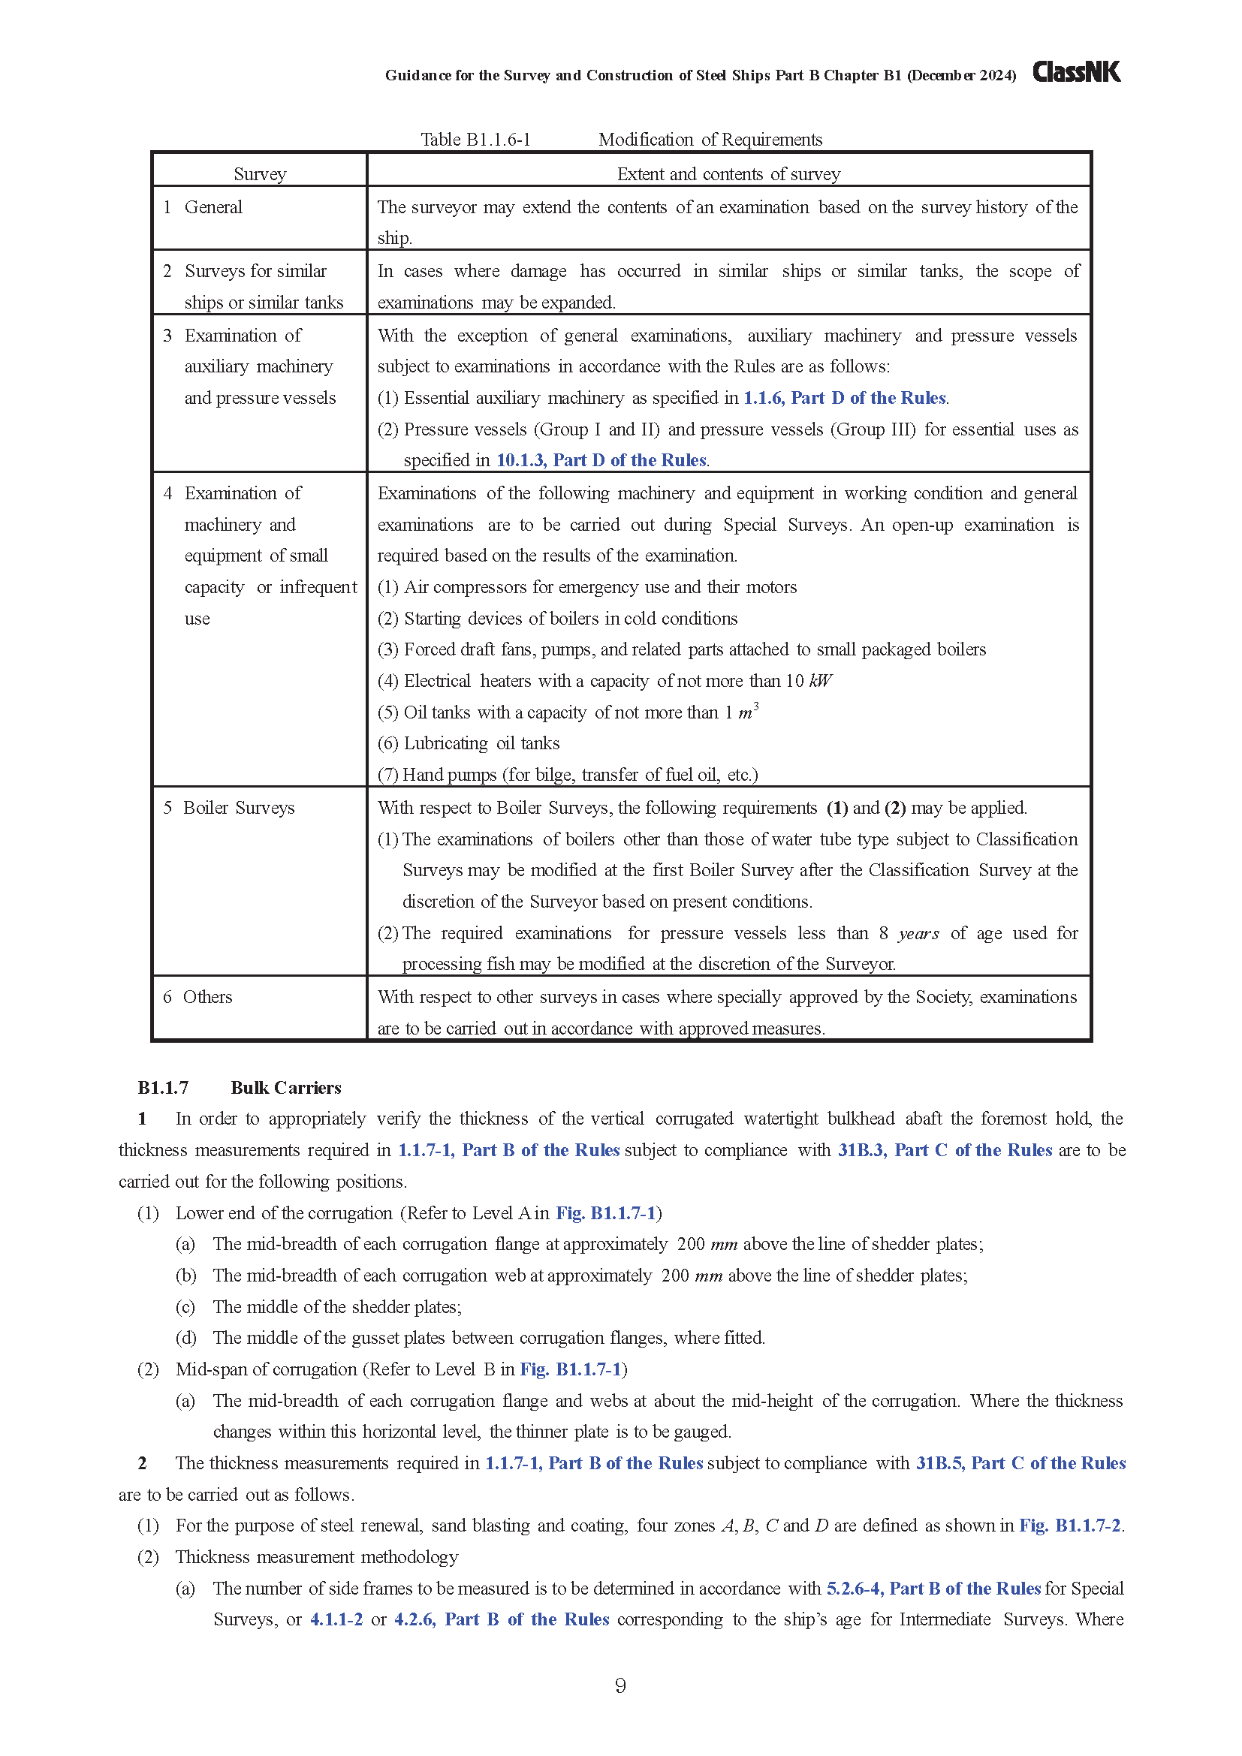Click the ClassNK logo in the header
pos(1076,73)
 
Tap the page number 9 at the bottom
pos(620,1685)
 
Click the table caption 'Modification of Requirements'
pos(710,140)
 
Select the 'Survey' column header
pos(260,174)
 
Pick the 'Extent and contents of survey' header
pos(728,174)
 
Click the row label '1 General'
pos(203,207)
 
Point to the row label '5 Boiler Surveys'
pos(229,809)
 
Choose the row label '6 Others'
pos(198,997)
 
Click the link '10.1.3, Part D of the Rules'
pos(601,460)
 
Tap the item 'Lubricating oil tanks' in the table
pos(482,743)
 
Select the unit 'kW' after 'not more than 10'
pos(820,682)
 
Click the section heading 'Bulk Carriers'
pos(286,1088)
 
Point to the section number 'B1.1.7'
pos(163,1088)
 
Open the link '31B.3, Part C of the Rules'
pos(945,1150)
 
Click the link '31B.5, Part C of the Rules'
pos(1020,1463)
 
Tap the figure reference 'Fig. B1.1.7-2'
pos(1070,1526)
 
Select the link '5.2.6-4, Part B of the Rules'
pos(933,1589)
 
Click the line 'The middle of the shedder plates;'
pos(337,1307)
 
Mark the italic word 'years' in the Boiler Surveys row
pos(918,934)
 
